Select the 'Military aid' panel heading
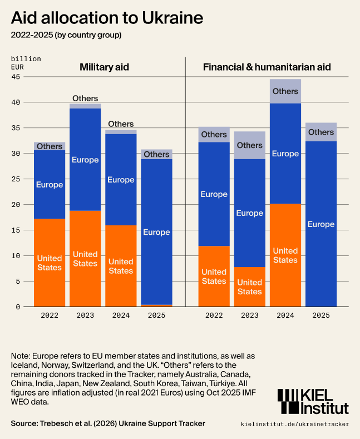(x=104, y=67)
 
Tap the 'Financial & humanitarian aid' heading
(x=267, y=67)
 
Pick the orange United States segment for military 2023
(x=85, y=259)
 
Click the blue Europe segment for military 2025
(x=156, y=232)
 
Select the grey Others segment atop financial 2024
(x=285, y=91)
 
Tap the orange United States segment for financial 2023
(x=249, y=287)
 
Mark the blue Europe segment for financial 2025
(x=321, y=224)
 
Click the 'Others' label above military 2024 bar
(x=121, y=124)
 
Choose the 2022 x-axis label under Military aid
(x=50, y=315)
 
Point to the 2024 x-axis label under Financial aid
(x=285, y=315)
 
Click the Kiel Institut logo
(x=313, y=401)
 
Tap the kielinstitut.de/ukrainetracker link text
(x=295, y=424)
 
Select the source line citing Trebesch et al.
(x=108, y=423)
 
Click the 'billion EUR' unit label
(x=26, y=62)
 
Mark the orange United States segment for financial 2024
(x=285, y=255)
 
